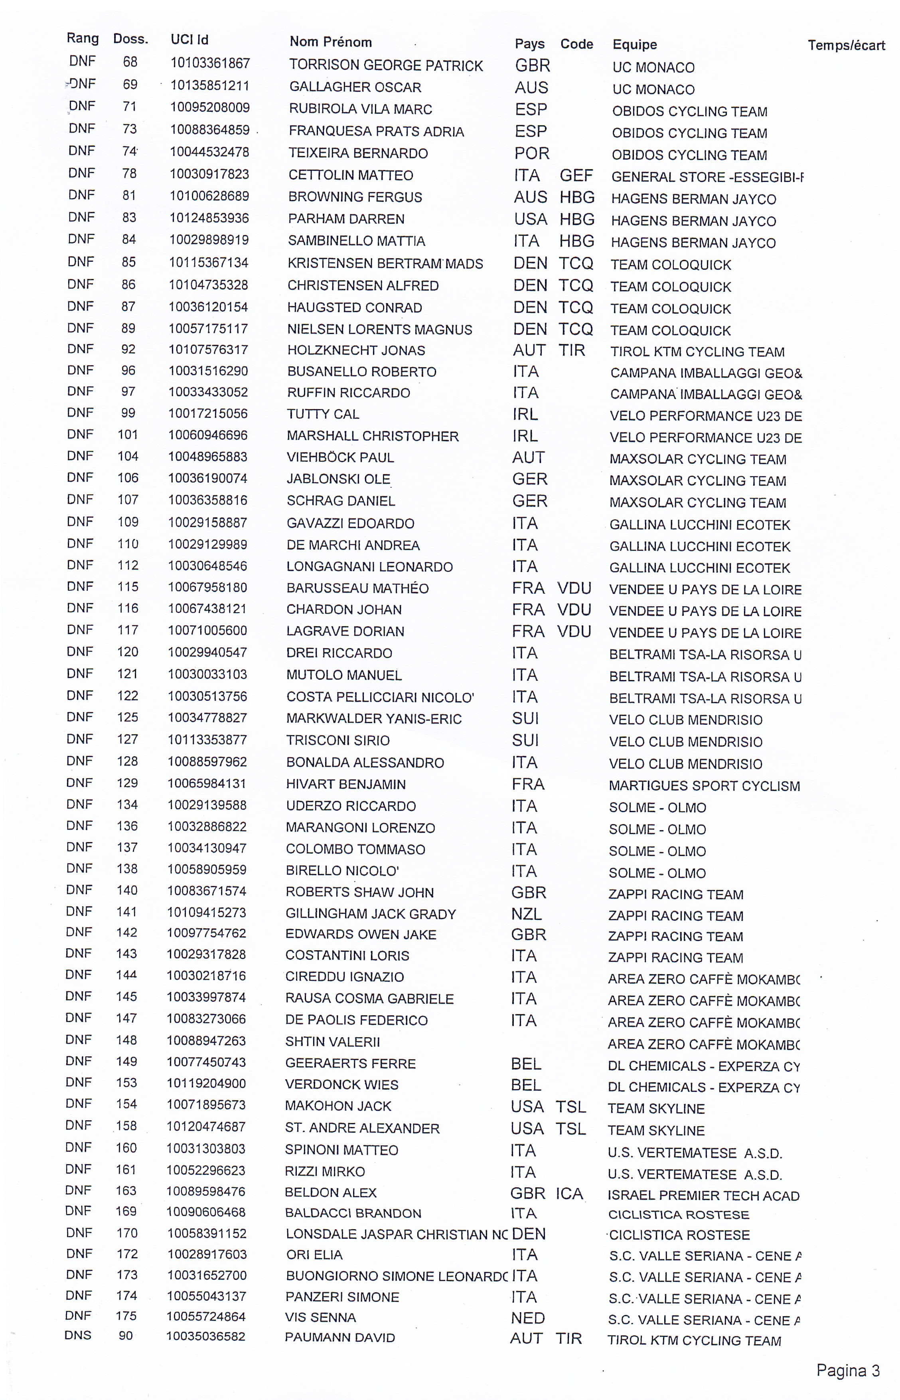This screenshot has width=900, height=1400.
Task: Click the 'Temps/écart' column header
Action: (846, 45)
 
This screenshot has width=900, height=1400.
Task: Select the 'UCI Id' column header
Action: (189, 40)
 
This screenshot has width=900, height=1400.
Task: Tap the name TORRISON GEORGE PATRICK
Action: (386, 65)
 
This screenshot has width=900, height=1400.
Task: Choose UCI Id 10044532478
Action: (209, 152)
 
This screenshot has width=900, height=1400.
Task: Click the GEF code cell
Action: (576, 175)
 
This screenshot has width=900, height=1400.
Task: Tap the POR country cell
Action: (531, 153)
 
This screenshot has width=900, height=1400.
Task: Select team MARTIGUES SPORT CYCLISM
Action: (704, 786)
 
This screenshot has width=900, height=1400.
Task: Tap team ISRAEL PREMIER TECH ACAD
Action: (703, 1195)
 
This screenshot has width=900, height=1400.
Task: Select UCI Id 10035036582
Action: (206, 1336)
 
